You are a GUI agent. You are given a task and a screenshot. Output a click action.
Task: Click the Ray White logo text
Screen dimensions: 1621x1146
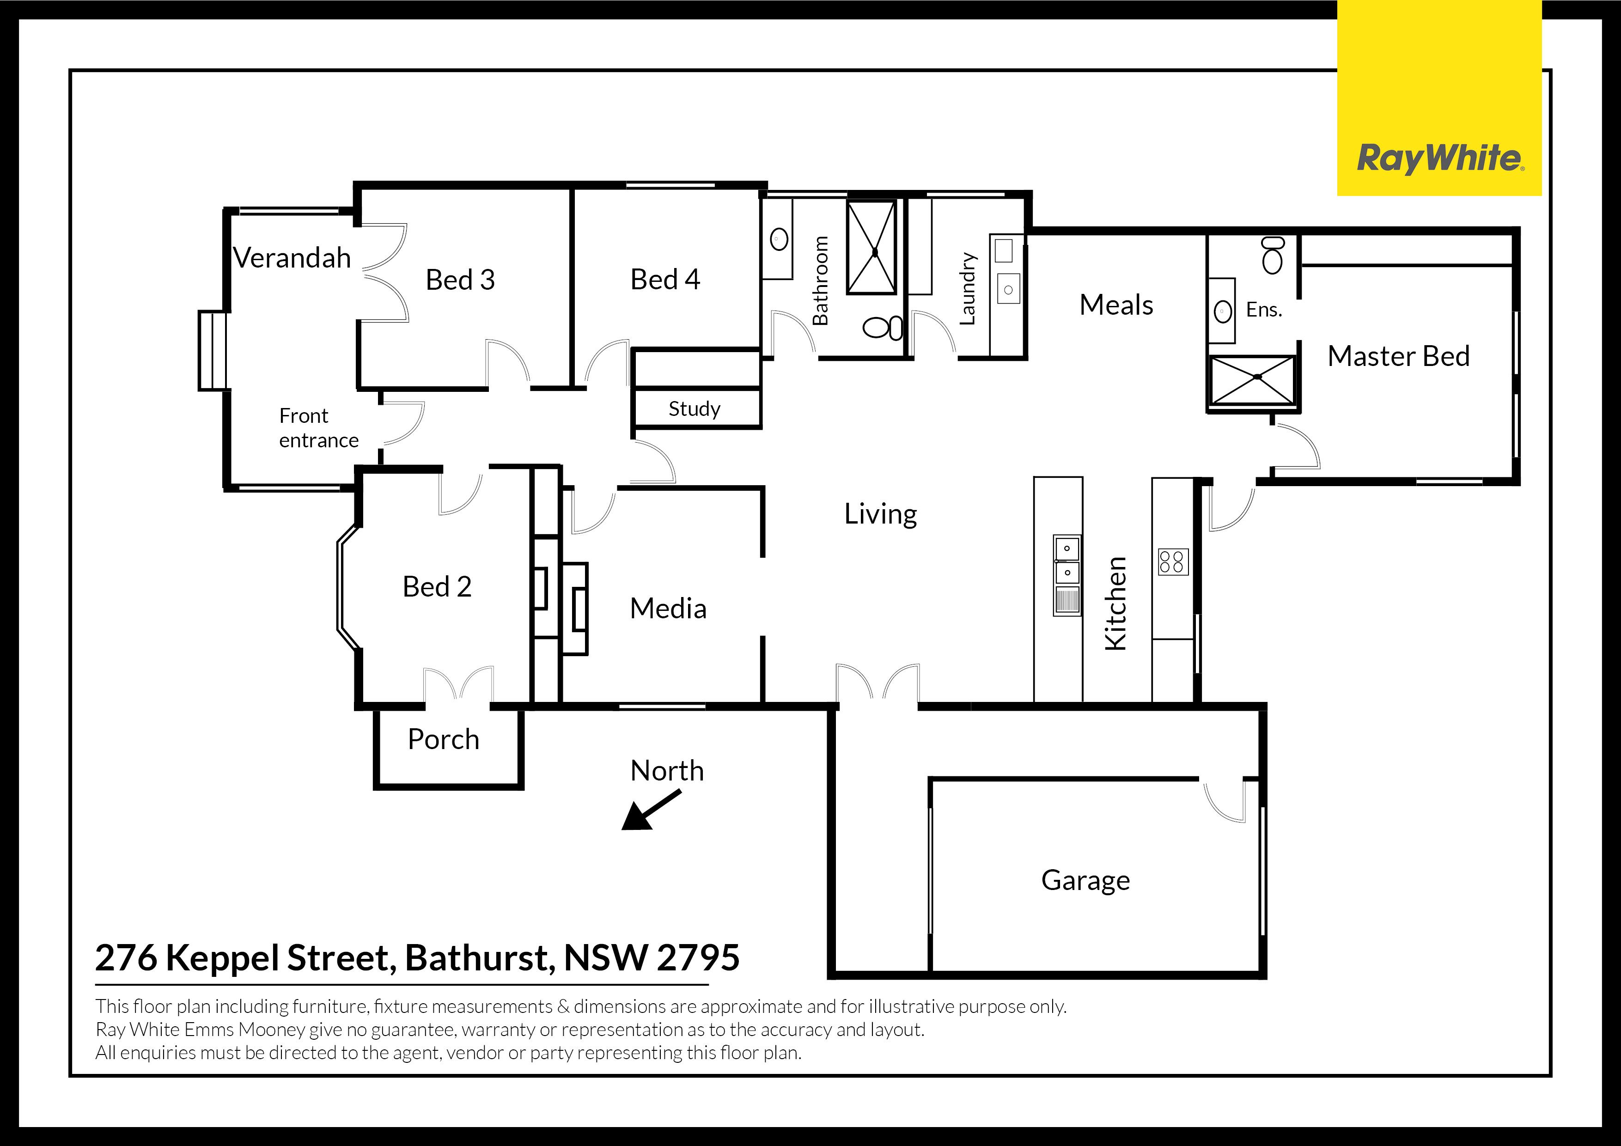1440,158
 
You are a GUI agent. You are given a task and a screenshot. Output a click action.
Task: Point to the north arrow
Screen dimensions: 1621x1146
651,809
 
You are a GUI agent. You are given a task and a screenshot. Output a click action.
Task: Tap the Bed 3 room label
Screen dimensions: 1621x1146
460,280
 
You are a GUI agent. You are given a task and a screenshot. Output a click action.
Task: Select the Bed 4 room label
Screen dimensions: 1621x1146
665,279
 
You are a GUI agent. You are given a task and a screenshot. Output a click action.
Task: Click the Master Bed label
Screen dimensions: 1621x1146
1399,356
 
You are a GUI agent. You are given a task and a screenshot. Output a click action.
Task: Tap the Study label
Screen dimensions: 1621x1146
694,409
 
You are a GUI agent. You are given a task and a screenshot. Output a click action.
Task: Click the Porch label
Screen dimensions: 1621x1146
444,739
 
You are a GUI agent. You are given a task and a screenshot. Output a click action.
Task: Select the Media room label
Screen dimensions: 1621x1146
668,609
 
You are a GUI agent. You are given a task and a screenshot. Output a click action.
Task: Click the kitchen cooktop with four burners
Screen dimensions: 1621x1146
1173,562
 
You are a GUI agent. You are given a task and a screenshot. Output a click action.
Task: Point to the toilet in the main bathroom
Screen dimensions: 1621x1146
883,328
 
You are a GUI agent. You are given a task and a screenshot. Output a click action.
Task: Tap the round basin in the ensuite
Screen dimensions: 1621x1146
1223,311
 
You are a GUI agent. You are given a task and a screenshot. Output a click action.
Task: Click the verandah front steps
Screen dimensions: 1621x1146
213,351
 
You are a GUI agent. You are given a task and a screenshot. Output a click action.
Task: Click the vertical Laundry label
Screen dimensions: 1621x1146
967,289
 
